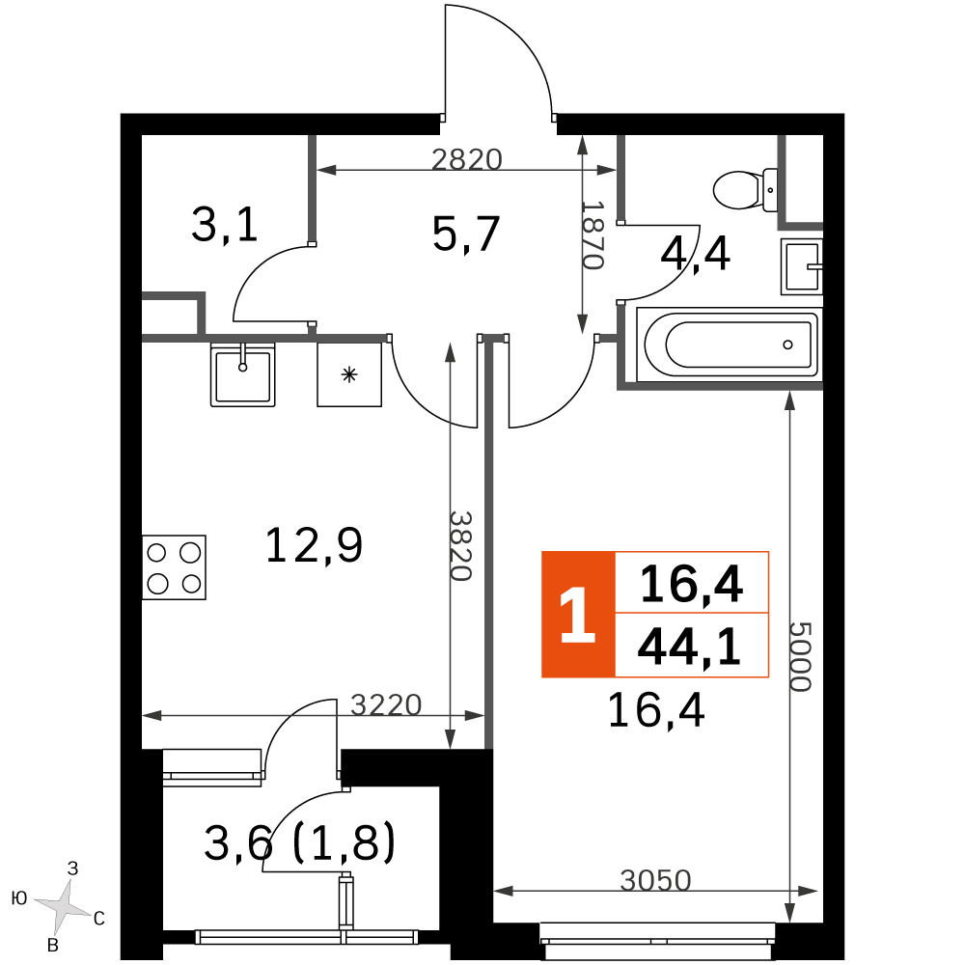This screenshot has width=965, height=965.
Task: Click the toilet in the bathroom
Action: (746, 190)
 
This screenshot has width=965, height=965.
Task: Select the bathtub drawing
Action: (728, 345)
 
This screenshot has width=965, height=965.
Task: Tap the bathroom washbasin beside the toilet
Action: (802, 266)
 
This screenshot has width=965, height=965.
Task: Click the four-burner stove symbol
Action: (174, 567)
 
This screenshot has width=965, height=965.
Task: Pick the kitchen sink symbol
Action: (242, 374)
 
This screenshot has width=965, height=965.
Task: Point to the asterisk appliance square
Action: (349, 374)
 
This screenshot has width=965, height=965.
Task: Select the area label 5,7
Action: (466, 235)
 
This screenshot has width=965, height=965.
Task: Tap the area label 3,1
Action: (224, 225)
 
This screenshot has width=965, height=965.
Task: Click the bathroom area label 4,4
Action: (695, 254)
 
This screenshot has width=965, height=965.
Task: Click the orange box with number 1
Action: (578, 614)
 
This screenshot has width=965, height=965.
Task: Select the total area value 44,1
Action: (689, 648)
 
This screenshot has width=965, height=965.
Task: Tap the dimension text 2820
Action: (467, 159)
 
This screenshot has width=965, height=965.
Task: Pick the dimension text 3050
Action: (656, 881)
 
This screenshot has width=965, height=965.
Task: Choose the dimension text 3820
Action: (460, 546)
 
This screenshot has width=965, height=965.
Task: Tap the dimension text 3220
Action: (386, 705)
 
